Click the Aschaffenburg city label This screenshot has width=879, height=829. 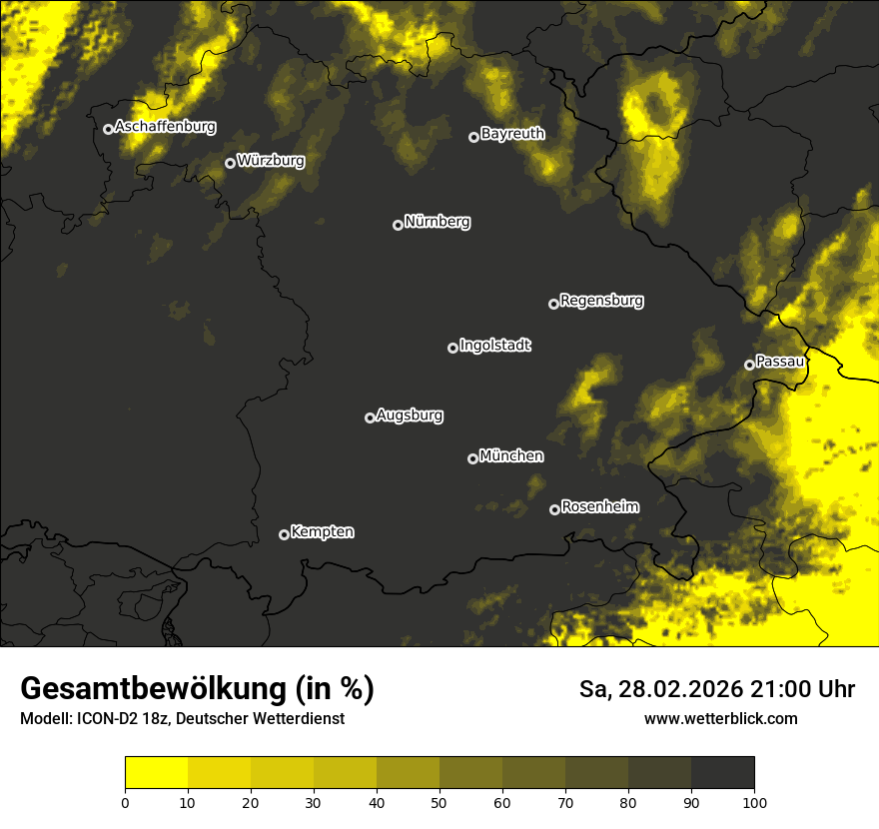tap(165, 127)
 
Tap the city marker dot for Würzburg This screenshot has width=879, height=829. tap(230, 163)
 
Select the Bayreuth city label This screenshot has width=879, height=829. tap(512, 134)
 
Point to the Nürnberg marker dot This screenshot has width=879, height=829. tap(398, 225)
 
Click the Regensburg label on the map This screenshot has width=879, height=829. tap(601, 301)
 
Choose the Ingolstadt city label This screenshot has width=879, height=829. tap(495, 346)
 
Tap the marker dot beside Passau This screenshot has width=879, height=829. tap(749, 365)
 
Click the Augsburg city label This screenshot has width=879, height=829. tap(410, 415)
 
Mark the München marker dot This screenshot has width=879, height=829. tap(472, 459)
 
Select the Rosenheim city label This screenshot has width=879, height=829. tap(599, 507)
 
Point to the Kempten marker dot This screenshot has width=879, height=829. tap(284, 534)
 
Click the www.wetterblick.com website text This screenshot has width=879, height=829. tap(720, 719)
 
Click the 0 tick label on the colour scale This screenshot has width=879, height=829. tap(125, 802)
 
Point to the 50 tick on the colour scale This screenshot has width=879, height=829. tap(439, 802)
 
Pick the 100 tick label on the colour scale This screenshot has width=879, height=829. tap(754, 802)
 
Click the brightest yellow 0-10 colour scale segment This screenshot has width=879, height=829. tap(156, 773)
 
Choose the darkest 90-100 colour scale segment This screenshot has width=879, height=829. tap(722, 773)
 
